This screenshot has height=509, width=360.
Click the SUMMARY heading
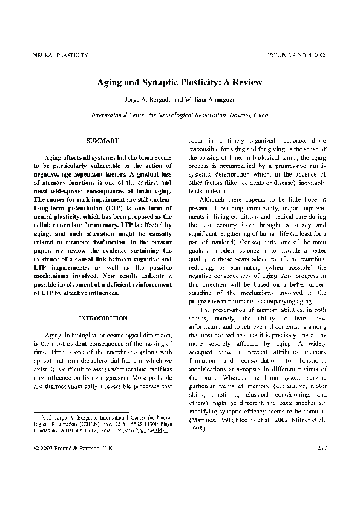[102, 141]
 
